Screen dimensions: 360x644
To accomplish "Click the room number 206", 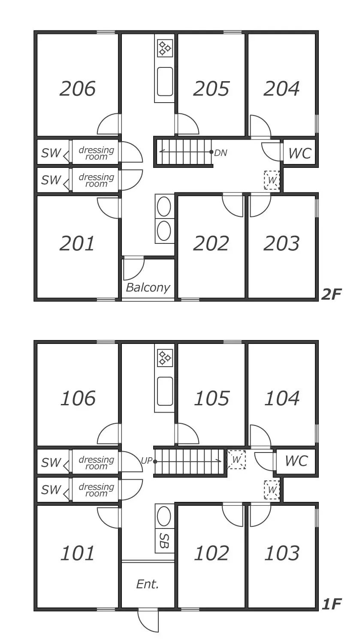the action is (x=78, y=88).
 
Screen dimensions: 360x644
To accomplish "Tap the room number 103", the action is (x=282, y=553).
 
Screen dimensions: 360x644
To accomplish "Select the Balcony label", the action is (x=148, y=287).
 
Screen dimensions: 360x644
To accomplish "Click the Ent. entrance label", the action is (x=148, y=584).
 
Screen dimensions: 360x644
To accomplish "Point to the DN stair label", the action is (x=221, y=153).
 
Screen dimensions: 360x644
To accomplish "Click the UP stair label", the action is (x=146, y=461).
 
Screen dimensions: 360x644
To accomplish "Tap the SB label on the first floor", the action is (x=164, y=541).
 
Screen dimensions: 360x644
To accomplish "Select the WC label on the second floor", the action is (x=300, y=154).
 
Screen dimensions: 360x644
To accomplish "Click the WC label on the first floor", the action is (x=296, y=461).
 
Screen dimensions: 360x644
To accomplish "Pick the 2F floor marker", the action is (x=331, y=294).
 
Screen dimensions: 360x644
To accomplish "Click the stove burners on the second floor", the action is (x=165, y=48).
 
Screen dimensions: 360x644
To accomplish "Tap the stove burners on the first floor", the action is (x=165, y=358).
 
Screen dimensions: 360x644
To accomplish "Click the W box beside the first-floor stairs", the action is (x=236, y=459).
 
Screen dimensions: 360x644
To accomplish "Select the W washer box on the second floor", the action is (x=272, y=180).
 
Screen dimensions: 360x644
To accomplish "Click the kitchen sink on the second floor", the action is (x=165, y=82).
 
